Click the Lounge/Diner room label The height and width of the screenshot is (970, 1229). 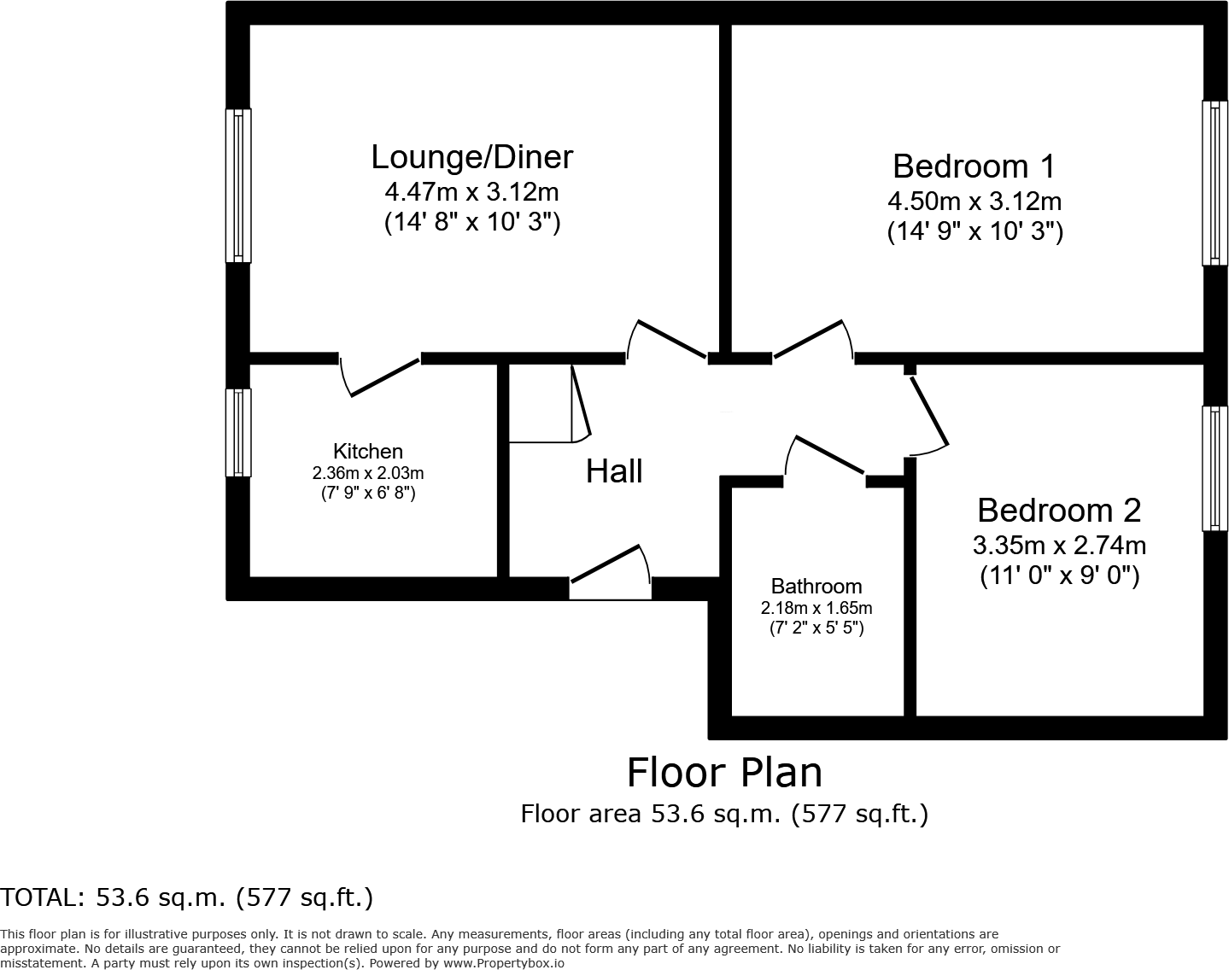[471, 157]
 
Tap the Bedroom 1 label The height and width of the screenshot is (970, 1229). [974, 166]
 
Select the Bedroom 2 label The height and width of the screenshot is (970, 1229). [1058, 510]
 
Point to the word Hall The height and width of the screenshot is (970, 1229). [613, 470]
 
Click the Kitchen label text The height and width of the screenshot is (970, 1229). [367, 451]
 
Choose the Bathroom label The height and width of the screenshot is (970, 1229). [816, 586]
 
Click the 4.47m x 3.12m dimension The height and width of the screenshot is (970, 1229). [471, 191]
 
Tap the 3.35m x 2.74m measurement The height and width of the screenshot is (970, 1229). [1058, 545]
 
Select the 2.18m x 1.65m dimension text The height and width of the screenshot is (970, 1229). [816, 608]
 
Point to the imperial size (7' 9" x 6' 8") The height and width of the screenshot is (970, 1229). [367, 493]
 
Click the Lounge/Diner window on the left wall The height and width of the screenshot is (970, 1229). [238, 185]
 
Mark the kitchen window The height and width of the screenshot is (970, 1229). [238, 432]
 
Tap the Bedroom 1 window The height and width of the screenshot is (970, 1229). [1214, 183]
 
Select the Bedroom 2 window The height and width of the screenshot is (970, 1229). [1214, 468]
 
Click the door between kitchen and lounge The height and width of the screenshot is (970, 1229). [381, 376]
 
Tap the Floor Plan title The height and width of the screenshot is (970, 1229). [724, 772]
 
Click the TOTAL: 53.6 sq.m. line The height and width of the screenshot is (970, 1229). [186, 897]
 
